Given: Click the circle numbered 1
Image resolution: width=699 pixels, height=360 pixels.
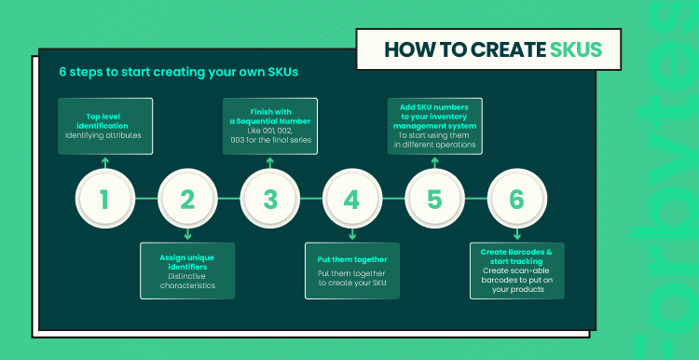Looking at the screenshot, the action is pos(104,199).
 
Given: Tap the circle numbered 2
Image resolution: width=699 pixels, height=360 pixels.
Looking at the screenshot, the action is pos(187,199).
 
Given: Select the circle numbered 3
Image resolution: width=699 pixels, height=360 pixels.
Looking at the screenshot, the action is pos(269,199).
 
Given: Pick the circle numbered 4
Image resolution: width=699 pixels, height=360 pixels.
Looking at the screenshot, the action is pos(352,199).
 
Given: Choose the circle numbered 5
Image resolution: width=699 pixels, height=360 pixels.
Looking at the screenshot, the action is pos(434,199).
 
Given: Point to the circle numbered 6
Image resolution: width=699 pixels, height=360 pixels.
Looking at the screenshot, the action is pos(517,199).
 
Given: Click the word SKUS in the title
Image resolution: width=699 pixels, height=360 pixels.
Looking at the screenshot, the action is pos(576,49).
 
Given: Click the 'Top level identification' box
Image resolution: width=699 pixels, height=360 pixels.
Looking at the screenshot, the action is pos(105,126).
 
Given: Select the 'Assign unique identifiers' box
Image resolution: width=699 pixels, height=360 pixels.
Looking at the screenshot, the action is pos(187,270).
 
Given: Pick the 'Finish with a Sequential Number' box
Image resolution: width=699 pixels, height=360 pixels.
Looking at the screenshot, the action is pos(270,126).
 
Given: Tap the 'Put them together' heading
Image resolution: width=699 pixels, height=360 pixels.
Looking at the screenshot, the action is pos(352,259).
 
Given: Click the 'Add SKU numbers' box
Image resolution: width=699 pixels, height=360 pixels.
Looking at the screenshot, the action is pos(434,126).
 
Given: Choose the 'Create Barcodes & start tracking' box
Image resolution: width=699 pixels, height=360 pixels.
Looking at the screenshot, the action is pos(517,270).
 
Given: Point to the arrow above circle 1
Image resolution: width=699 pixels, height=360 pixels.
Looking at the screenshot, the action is pos(105,162).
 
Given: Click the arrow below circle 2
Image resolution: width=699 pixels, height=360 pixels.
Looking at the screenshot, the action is pos(187,235).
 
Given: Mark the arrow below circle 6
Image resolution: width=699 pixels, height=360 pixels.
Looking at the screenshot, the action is pos(517,235).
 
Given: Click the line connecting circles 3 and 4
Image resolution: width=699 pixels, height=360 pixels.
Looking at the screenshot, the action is pos(311,199).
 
